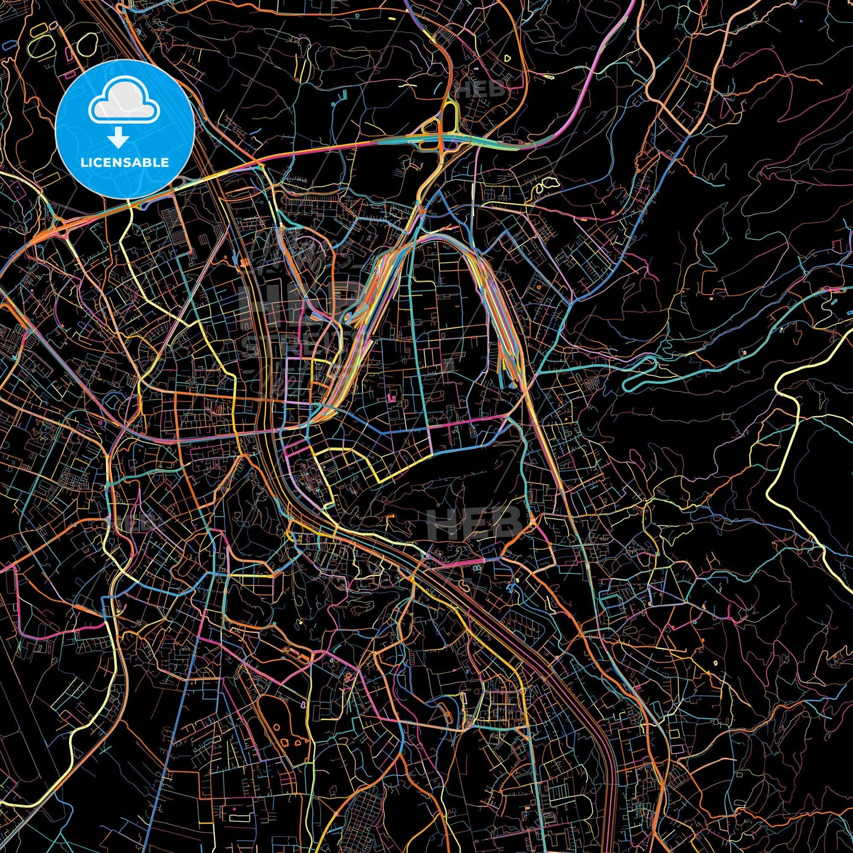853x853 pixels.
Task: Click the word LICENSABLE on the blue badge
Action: (124, 162)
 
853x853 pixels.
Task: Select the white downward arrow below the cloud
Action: (119, 138)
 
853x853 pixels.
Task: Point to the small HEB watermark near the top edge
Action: (481, 90)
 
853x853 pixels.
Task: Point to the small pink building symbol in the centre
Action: (391, 400)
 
